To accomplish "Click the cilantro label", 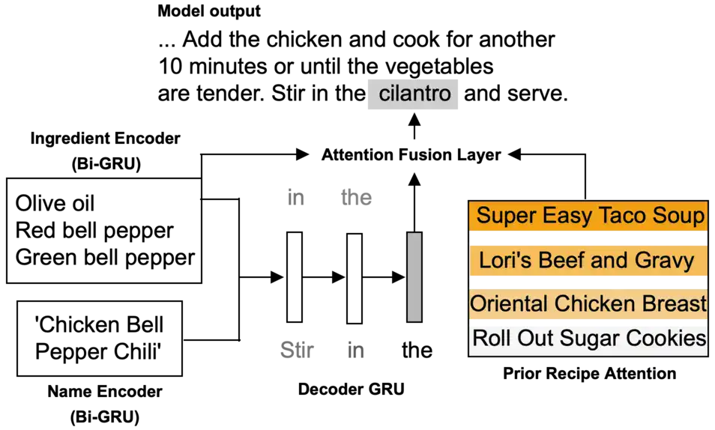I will pos(414,94).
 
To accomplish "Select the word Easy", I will pos(559,216).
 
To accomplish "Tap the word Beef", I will pos(560,261).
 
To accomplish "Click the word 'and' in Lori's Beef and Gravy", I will pos(609,261).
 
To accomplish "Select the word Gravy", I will pos(663,261).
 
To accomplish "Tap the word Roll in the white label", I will pos(487,339).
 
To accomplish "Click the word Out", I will pos(528,339).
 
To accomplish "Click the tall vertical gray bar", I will pos(415,276).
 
